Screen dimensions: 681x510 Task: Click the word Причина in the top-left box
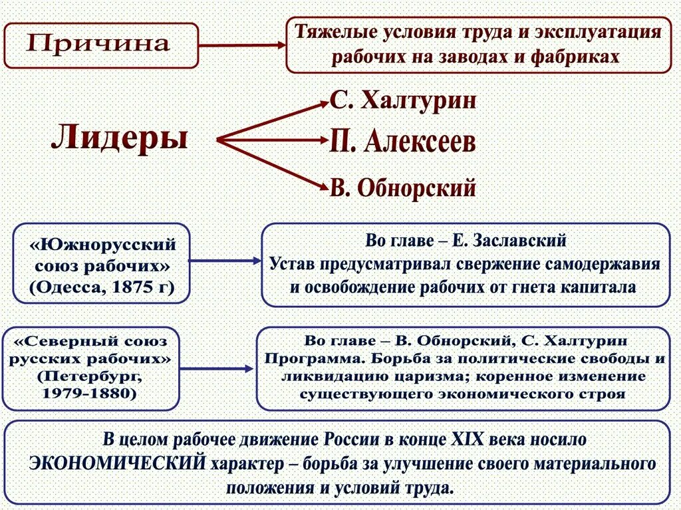98,45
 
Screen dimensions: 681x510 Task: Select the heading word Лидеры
119,138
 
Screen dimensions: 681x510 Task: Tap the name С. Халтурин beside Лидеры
403,102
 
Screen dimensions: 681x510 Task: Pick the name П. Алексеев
403,142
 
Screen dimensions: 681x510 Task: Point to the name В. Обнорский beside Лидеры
403,188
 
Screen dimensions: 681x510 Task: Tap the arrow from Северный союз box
217,368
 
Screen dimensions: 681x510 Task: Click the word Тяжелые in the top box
331,33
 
